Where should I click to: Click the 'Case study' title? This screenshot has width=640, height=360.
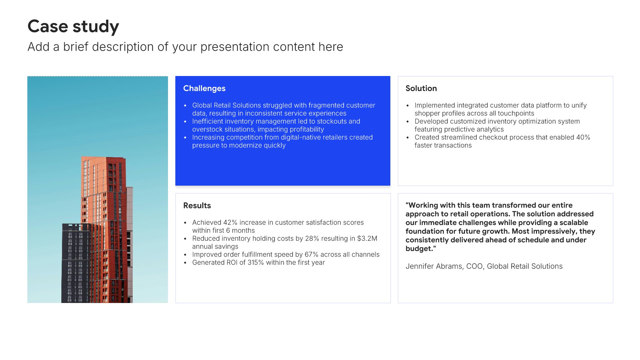pos(73,26)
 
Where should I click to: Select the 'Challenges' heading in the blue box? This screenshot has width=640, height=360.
pos(204,88)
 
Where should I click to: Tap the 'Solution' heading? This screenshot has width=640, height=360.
pos(421,88)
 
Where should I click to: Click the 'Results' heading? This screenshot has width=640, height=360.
pos(197,206)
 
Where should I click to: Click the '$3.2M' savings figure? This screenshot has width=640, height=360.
pos(367,238)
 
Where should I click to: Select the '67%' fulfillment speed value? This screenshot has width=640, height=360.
pos(311,254)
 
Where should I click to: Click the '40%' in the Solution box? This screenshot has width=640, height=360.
pos(583,137)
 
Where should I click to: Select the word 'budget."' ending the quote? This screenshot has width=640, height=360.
pos(421,249)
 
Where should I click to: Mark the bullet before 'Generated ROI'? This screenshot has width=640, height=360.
pos(185,263)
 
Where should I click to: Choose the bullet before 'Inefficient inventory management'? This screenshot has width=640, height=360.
pos(185,122)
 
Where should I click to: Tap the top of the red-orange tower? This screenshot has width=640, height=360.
pos(103,158)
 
